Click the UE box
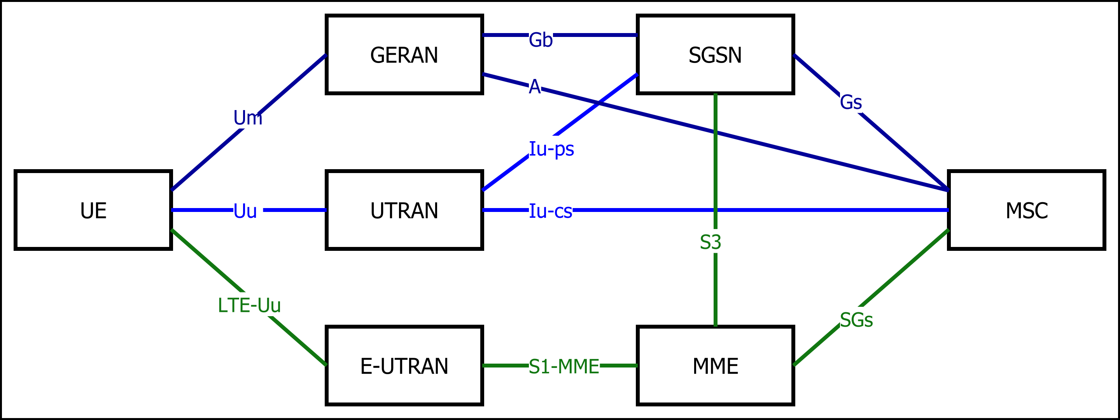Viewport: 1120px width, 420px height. [x=93, y=210]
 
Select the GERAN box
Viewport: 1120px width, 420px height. [x=404, y=54]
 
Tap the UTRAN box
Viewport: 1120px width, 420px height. [x=404, y=210]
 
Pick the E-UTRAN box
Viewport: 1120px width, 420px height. [x=404, y=366]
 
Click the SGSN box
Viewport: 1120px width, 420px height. [x=715, y=54]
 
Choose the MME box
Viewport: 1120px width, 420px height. [x=715, y=366]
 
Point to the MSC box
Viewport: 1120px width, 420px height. [x=1027, y=210]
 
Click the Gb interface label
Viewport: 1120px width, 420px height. [x=541, y=40]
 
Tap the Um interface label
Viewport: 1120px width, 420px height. [x=248, y=117]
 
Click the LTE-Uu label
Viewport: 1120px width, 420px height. [x=249, y=305]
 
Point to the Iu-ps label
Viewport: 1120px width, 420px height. [x=551, y=149]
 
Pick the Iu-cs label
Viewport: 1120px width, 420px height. [x=550, y=211]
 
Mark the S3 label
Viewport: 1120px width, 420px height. [x=710, y=242]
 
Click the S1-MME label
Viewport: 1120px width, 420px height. [x=564, y=366]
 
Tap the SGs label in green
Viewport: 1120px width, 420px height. [x=856, y=320]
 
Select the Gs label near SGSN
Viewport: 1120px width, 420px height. [x=850, y=102]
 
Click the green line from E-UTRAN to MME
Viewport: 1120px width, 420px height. [x=504, y=366]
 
